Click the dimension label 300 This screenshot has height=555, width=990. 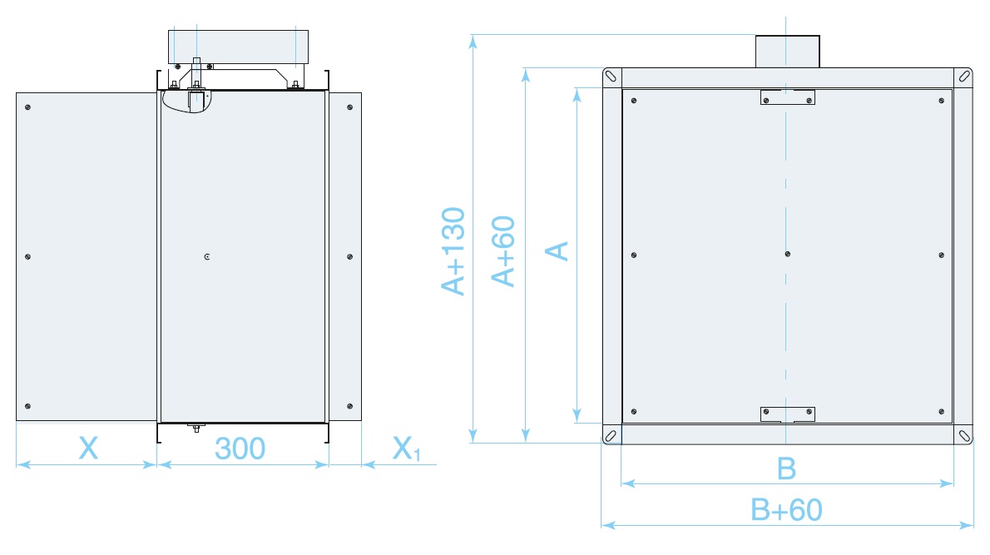click(240, 448)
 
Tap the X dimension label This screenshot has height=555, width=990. click(88, 448)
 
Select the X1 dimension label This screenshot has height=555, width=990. click(406, 450)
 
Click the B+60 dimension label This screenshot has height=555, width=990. click(786, 509)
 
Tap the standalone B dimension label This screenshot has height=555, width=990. click(786, 468)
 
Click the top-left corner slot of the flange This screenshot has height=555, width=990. click(612, 76)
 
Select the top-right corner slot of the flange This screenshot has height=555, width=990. click(964, 76)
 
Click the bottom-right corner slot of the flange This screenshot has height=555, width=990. click(964, 436)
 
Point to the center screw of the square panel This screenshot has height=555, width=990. click(788, 254)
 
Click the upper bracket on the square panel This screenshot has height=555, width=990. click(788, 97)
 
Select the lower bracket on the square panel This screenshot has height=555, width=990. click(788, 414)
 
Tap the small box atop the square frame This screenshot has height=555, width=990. click(787, 51)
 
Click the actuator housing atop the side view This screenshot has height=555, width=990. click(239, 47)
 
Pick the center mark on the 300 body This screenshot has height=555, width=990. click(206, 257)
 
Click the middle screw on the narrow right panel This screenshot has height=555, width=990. click(349, 257)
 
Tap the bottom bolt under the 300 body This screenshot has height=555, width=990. click(196, 429)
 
